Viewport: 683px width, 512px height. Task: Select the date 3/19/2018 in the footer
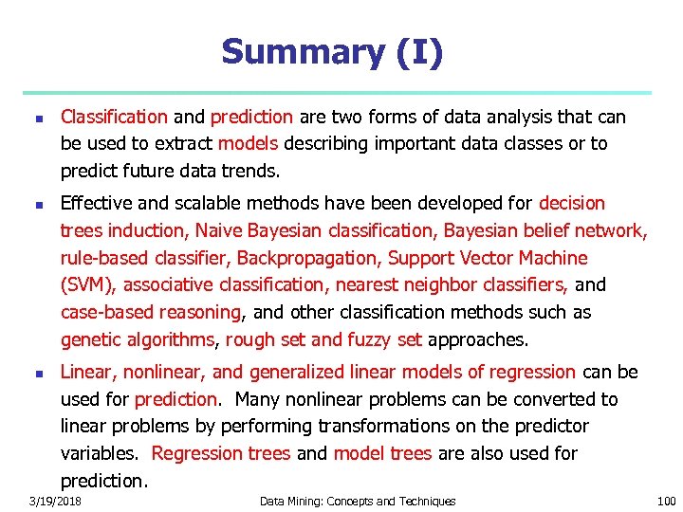[55, 501]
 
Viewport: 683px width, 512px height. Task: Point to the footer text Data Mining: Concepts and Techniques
[358, 501]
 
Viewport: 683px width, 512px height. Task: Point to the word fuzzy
[371, 339]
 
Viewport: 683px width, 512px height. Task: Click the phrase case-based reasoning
[150, 312]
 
